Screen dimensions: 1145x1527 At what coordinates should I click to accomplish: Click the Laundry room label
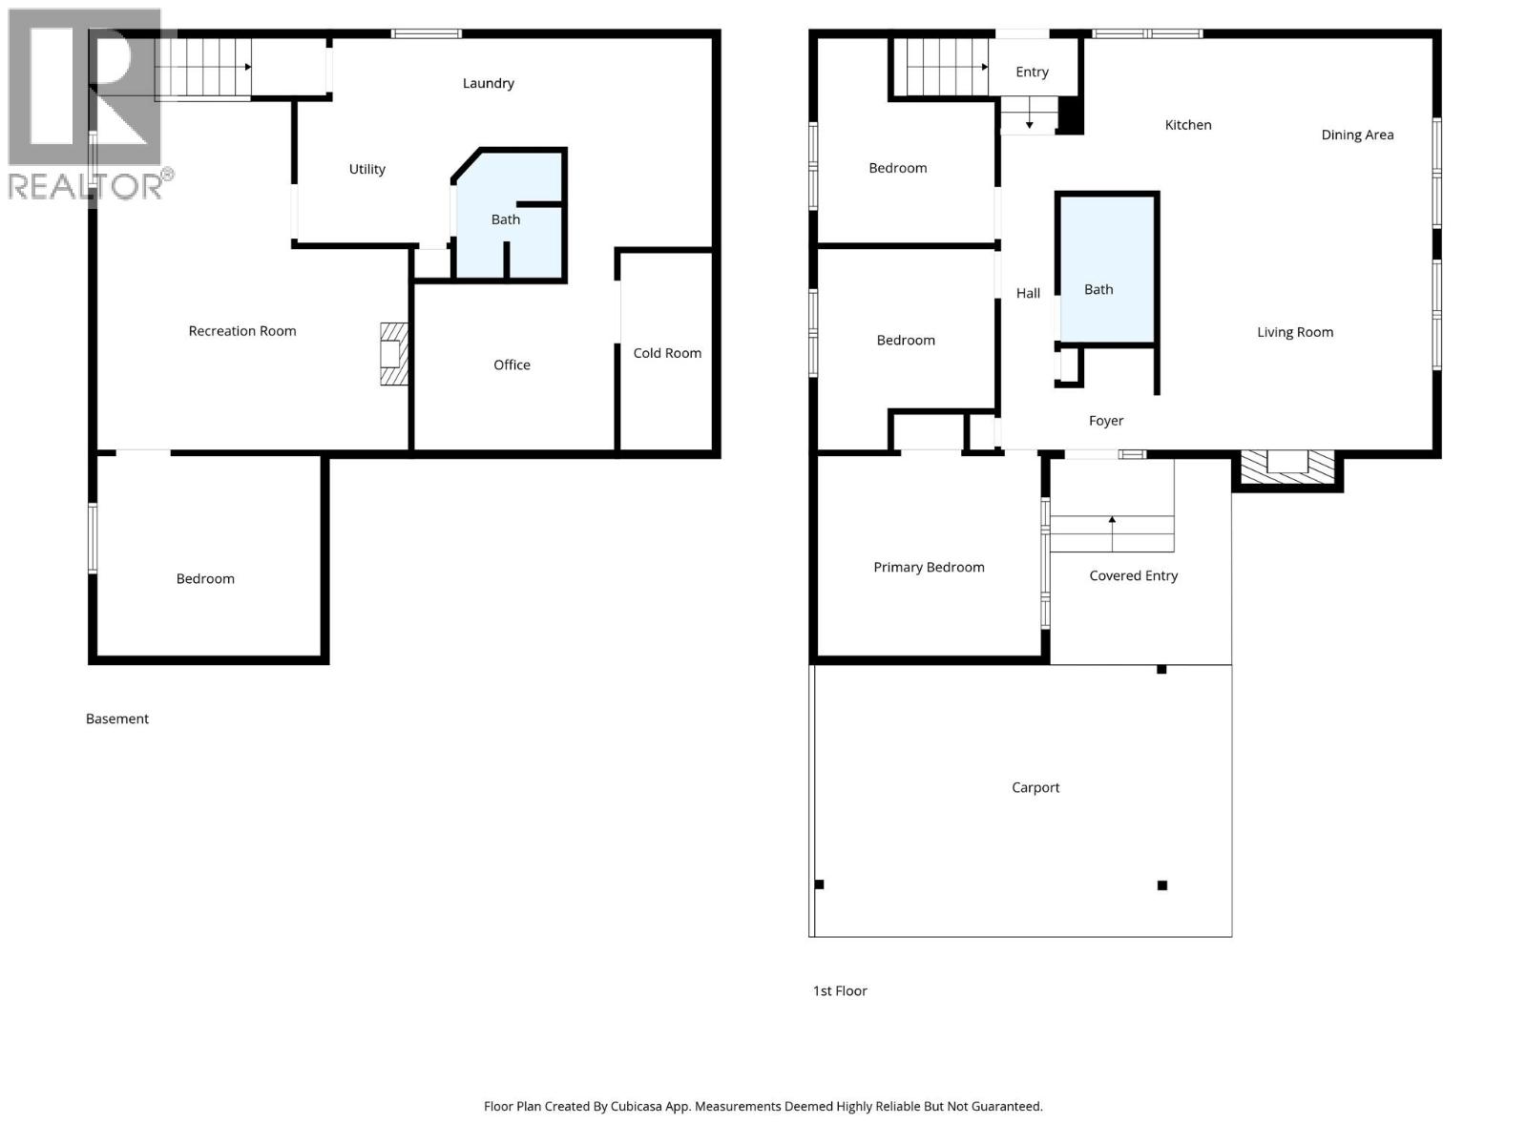(x=488, y=83)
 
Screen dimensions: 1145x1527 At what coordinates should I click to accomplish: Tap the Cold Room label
(x=667, y=353)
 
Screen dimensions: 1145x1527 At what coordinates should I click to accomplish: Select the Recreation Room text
(x=242, y=331)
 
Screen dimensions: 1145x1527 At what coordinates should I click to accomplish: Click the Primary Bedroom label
(x=929, y=567)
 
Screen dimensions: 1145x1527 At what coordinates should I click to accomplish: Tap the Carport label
(x=1035, y=787)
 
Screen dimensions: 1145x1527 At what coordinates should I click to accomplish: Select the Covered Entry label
(x=1133, y=575)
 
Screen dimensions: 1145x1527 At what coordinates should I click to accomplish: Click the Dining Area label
(x=1357, y=135)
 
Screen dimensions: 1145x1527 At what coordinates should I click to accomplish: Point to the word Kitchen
(x=1188, y=125)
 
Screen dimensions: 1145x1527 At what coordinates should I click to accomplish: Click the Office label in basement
(x=512, y=364)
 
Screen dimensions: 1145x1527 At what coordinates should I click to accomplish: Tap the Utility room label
(x=366, y=169)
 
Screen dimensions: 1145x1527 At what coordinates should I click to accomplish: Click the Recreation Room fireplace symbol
(x=393, y=354)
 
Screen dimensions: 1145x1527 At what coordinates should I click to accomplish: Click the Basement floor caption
(x=117, y=718)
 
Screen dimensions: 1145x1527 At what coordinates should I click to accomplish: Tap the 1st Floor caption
(x=840, y=990)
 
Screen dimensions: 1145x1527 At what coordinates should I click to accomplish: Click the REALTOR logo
(x=86, y=105)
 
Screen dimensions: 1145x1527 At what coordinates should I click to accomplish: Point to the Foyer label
(x=1106, y=421)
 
